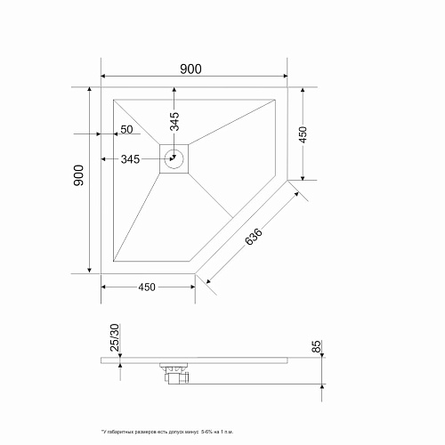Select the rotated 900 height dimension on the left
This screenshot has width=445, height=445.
click(x=78, y=176)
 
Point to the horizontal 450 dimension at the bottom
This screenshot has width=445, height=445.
click(x=147, y=286)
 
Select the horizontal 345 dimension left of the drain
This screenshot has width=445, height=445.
click(x=130, y=159)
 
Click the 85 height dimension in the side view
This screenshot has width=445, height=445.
click(x=316, y=347)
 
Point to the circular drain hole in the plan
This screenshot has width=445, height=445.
click(x=174, y=160)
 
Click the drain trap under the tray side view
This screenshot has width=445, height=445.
click(x=174, y=374)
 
